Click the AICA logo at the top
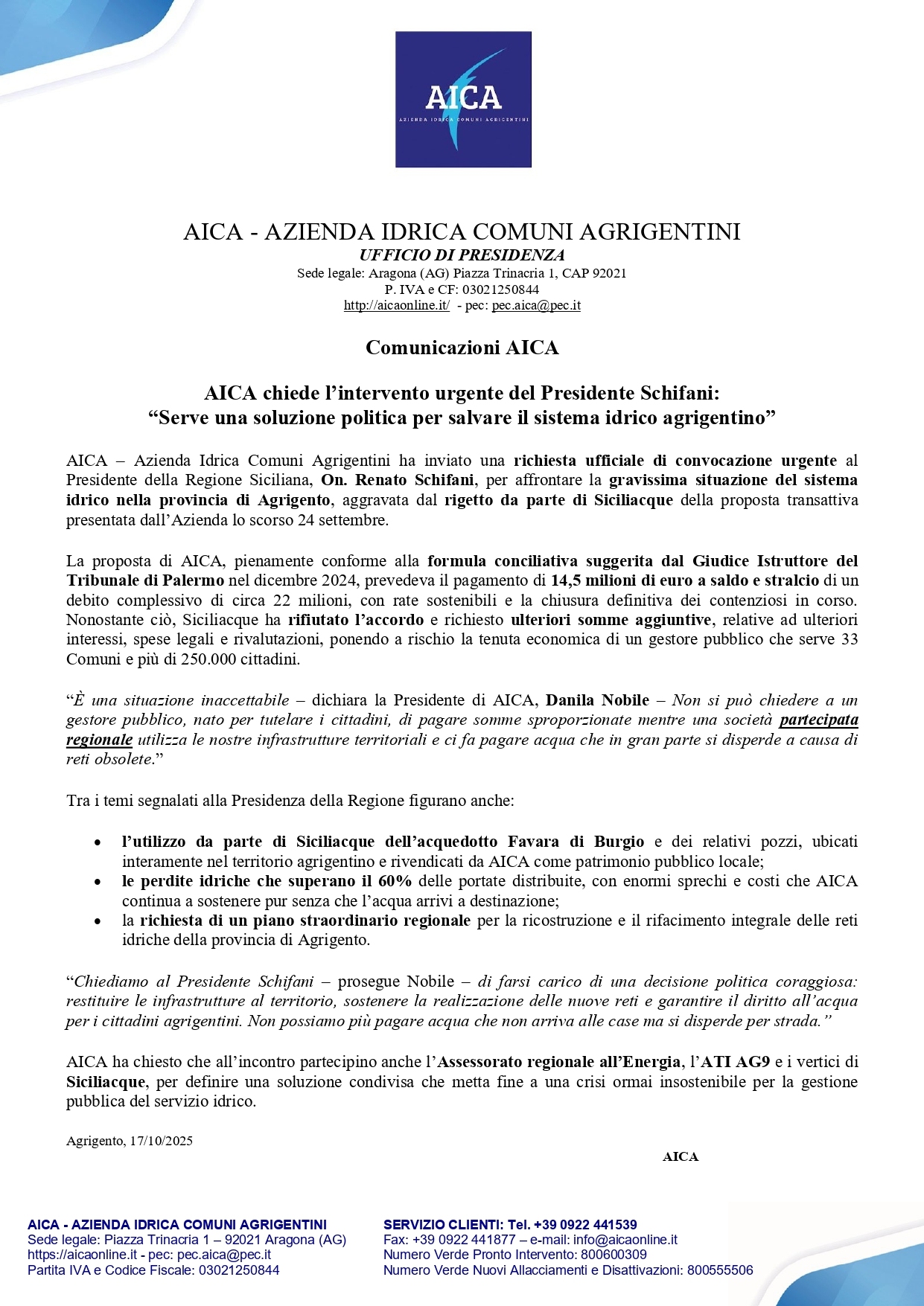tap(462, 99)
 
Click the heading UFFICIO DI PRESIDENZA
tap(462, 255)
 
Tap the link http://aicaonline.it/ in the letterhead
tap(396, 305)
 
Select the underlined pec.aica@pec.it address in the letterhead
tap(536, 305)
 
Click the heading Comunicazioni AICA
tap(462, 348)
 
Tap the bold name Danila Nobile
tap(597, 700)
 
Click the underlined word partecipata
tap(818, 720)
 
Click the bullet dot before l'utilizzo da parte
tap(98, 842)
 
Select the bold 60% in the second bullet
tap(395, 881)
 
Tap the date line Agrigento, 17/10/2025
tap(130, 1141)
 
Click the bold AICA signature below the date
tap(681, 1156)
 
